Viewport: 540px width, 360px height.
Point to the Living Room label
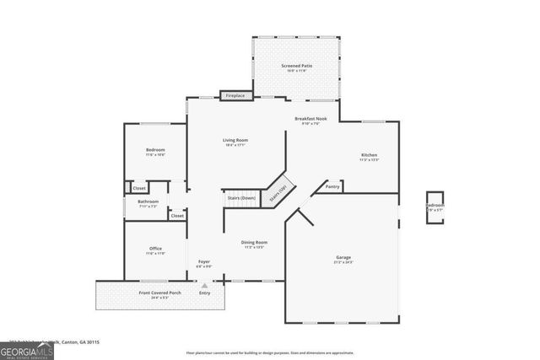click(x=235, y=142)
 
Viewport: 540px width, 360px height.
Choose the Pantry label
click(x=332, y=185)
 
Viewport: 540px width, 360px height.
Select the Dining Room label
click(x=254, y=244)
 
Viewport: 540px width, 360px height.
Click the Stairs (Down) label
click(x=241, y=198)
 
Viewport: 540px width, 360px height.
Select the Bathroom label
click(x=148, y=203)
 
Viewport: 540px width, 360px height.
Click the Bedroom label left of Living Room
click(x=155, y=152)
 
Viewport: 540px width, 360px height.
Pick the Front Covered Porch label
click(x=159, y=294)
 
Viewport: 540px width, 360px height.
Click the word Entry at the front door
click(x=204, y=293)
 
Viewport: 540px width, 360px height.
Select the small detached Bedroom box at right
click(x=434, y=207)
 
